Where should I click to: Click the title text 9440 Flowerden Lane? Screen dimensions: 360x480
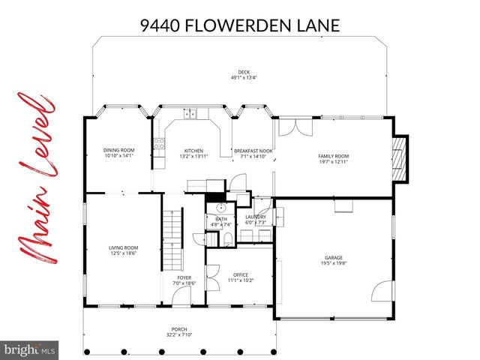(240, 26)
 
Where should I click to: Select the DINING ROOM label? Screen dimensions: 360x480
(118, 151)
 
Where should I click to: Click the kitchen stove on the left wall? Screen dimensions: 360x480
(159, 144)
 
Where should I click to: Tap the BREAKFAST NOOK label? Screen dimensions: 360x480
(252, 151)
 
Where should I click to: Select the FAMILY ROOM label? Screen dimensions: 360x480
(334, 156)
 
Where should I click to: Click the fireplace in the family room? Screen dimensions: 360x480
(401, 159)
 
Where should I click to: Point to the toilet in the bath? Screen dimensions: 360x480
(226, 238)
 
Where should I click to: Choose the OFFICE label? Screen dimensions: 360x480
(240, 274)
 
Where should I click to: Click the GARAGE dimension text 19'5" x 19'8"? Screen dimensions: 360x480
(333, 262)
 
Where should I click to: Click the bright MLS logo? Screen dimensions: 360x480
(30, 349)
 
